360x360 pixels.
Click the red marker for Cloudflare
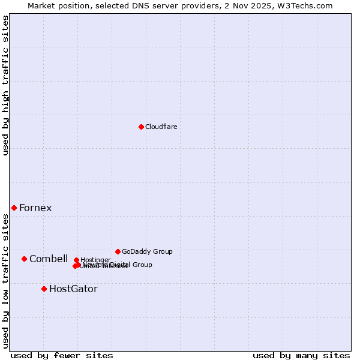[x=141, y=127]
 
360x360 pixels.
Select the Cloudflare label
[x=161, y=127]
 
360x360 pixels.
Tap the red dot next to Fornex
[x=14, y=208]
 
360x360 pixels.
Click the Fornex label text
[x=35, y=208]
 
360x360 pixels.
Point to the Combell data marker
[x=24, y=259]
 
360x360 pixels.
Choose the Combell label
[x=49, y=259]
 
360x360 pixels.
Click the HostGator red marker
[x=44, y=289]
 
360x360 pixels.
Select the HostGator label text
[x=73, y=289]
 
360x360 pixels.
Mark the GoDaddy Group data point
[x=118, y=251]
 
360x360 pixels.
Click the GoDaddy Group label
[x=147, y=251]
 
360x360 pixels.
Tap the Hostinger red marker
[x=76, y=260]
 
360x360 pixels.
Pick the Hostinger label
[x=96, y=260]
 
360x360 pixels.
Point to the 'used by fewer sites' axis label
[x=62, y=355]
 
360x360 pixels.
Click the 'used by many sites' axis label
[x=301, y=355]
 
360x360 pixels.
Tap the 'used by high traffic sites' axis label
[x=6, y=85]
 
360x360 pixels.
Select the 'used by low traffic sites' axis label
[x=6, y=281]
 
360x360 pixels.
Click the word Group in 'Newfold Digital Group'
[x=142, y=265]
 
